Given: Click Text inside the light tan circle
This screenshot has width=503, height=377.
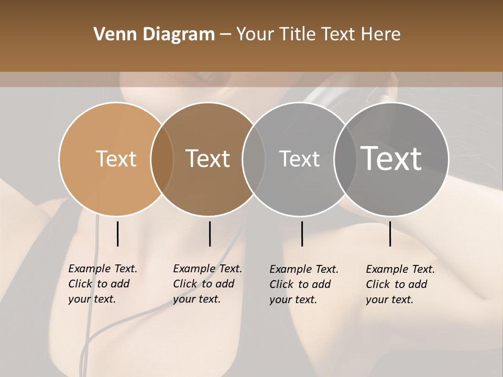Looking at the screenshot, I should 116,159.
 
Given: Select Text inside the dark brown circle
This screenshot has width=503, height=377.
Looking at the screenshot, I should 208,159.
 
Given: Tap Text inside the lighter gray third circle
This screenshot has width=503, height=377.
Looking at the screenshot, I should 299,159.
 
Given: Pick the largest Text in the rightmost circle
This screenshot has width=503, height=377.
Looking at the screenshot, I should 391,158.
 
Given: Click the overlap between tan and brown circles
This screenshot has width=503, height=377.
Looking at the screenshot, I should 162,159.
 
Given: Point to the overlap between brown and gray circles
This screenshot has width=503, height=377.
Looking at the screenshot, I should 254,159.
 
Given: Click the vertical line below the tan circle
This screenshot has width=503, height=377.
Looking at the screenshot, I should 117,234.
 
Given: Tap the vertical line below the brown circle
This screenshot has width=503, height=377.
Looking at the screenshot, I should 210,234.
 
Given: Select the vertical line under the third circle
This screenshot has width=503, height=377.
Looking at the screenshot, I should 302,234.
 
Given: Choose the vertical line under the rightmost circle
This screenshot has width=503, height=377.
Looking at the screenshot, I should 390,234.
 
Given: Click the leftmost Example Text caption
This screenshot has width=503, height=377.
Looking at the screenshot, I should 103,269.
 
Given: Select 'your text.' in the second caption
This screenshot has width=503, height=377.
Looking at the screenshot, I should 196,299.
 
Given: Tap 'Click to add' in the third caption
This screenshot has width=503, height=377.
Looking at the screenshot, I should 300,284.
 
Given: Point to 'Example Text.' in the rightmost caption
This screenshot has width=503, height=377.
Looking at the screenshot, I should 400,269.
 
